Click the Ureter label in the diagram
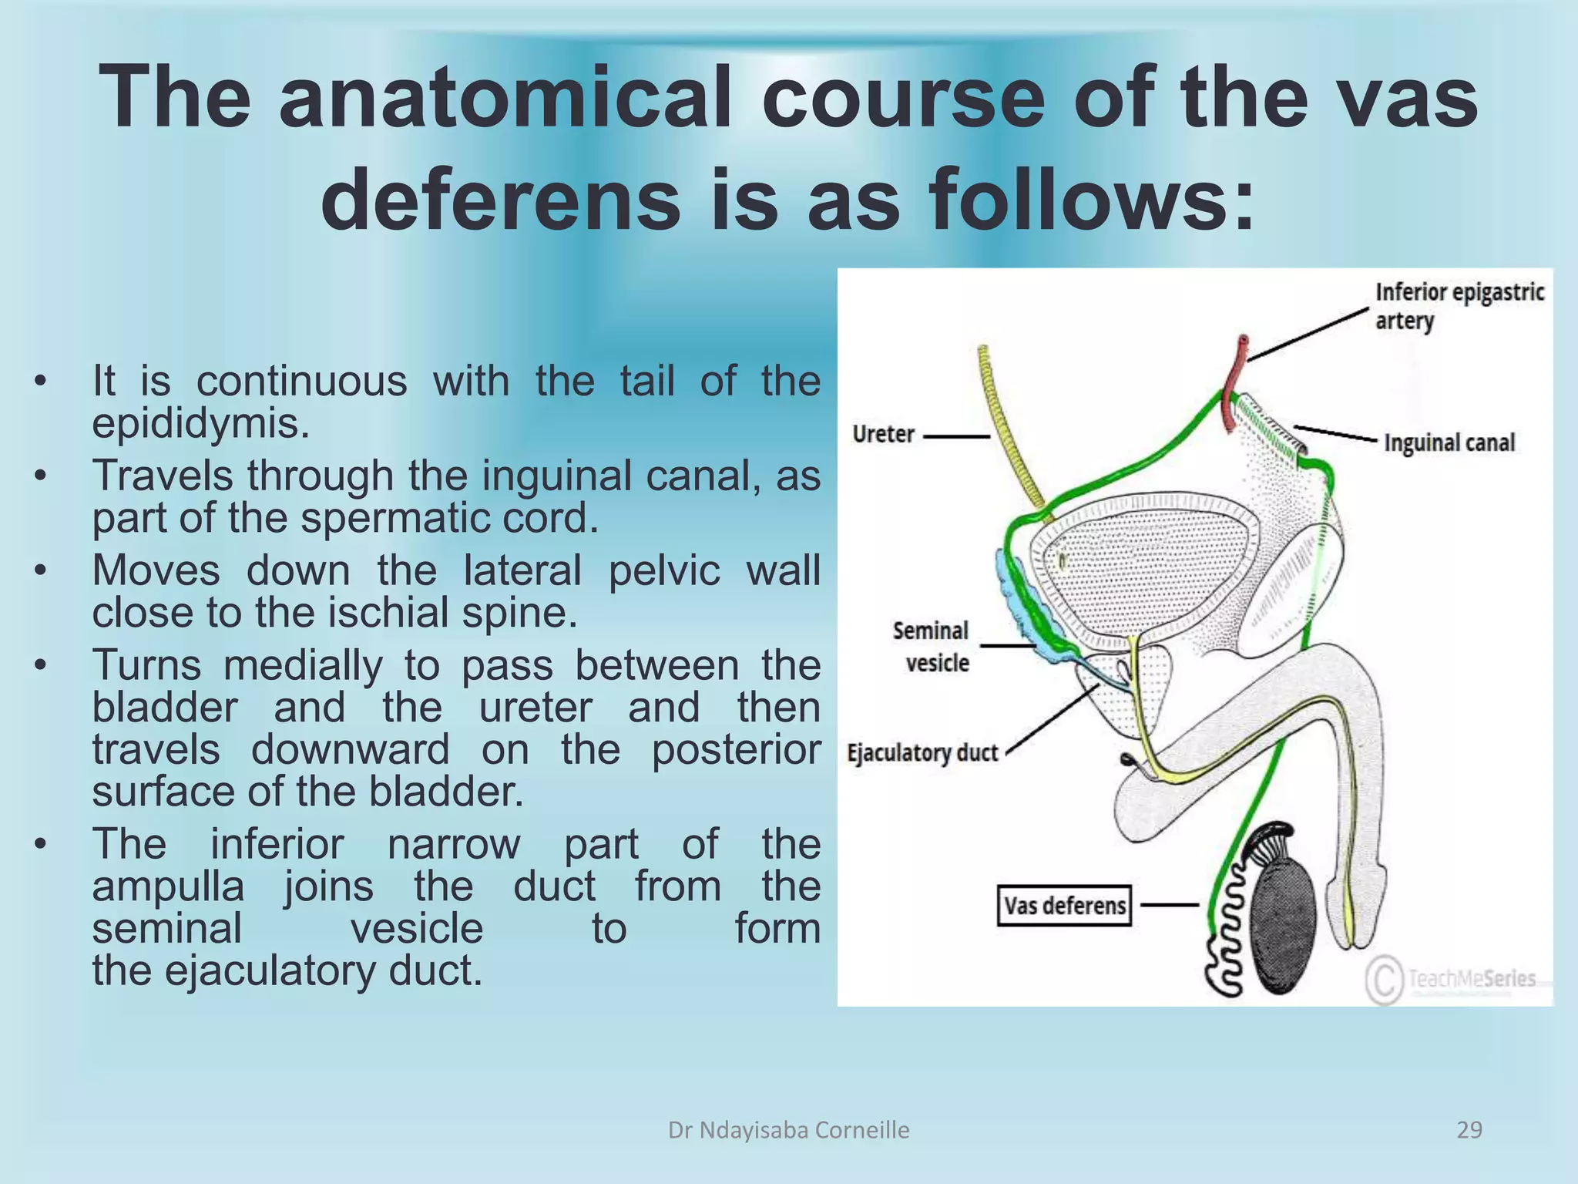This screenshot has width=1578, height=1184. (883, 434)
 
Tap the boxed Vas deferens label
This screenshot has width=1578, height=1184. (1064, 905)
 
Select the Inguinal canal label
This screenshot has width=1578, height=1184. (1449, 442)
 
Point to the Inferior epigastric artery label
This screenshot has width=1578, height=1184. (1459, 306)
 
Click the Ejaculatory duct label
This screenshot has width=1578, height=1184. (922, 752)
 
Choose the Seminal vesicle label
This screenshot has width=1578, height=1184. (931, 647)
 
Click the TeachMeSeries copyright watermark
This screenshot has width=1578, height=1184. (1452, 980)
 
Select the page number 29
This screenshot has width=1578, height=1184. (1469, 1130)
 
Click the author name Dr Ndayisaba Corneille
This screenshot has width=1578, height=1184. (788, 1130)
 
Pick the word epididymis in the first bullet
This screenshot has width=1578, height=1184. (200, 424)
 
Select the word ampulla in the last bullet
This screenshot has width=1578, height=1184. (168, 886)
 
